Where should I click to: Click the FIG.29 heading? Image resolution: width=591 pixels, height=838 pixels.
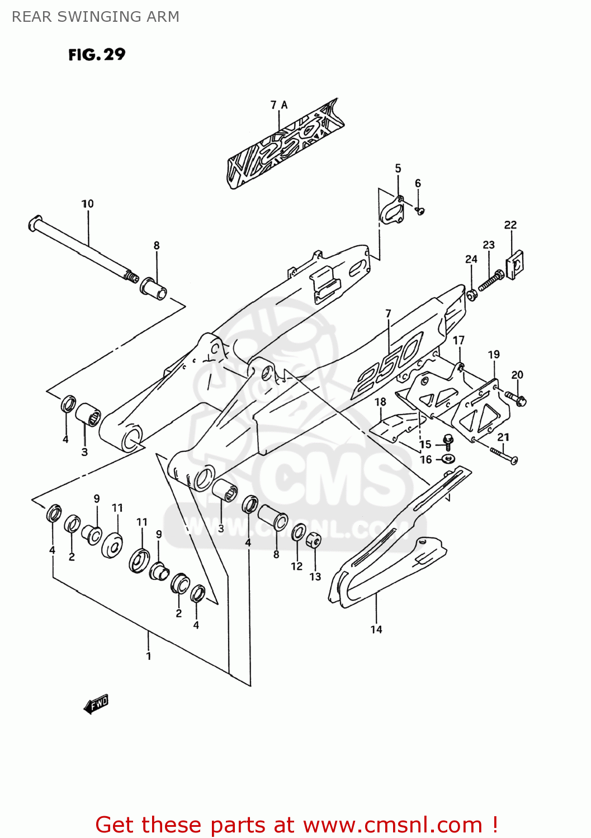coord(97,55)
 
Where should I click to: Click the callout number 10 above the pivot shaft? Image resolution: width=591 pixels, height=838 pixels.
coord(88,204)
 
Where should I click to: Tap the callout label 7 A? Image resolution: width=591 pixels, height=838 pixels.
coord(278,105)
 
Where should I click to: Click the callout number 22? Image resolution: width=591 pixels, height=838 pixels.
coord(510,225)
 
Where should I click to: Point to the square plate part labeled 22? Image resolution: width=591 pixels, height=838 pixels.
coord(514,263)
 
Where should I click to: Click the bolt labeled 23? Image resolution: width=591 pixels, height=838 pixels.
coord(490,280)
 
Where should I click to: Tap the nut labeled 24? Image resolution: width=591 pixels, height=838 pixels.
coord(471,294)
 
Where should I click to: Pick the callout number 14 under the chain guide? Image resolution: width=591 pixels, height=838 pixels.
coord(376,630)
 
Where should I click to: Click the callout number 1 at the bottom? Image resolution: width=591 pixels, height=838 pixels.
coord(149,656)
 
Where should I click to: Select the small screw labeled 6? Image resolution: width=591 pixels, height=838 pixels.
coord(421,211)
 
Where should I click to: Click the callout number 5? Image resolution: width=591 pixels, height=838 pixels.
coord(398,168)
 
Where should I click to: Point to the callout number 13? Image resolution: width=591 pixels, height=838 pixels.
coord(315,577)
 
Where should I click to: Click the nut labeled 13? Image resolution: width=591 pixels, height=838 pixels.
coord(314,541)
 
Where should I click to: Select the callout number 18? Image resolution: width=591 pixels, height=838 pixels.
coord(380,402)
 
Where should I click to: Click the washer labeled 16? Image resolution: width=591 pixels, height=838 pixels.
coord(448,459)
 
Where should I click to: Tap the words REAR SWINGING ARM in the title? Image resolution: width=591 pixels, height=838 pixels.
coord(96,17)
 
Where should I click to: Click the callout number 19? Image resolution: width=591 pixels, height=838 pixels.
coord(494,355)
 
